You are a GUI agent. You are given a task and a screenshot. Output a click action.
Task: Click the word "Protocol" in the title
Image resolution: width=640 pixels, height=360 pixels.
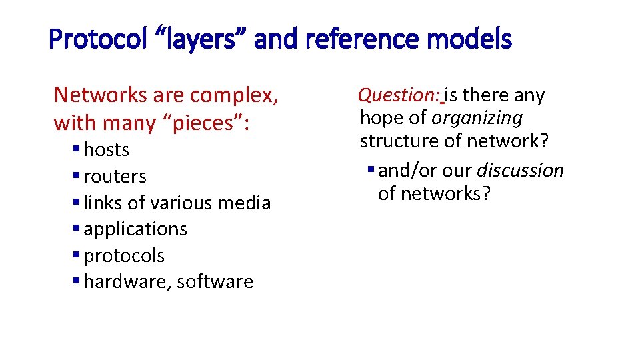[x=92, y=40]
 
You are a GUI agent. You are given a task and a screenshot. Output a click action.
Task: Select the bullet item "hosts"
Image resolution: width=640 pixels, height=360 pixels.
[x=107, y=150]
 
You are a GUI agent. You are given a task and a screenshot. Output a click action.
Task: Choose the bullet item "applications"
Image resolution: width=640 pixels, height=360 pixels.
[x=135, y=229]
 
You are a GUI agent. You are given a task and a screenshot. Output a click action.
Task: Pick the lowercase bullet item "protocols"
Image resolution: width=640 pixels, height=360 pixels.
[x=124, y=256]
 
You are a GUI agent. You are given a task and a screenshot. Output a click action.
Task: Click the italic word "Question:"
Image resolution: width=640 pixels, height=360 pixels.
[x=399, y=96]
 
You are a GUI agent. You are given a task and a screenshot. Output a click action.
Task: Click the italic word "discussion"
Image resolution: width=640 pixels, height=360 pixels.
[x=520, y=171]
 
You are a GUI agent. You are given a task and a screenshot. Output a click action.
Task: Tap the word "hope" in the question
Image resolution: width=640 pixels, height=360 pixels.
[x=383, y=119]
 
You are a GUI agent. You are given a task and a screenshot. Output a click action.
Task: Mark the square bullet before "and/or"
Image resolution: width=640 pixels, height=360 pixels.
[x=371, y=171]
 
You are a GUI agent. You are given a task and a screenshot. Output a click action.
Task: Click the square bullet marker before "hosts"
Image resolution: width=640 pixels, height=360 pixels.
[x=77, y=149]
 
